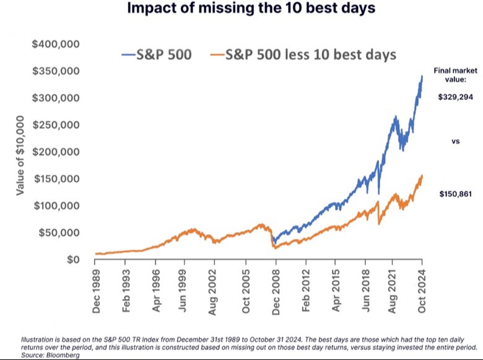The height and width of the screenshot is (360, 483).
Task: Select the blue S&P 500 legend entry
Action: click(x=157, y=55)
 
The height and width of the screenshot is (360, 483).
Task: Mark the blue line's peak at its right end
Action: click(x=422, y=76)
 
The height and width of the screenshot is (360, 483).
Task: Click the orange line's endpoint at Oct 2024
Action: click(x=422, y=176)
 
